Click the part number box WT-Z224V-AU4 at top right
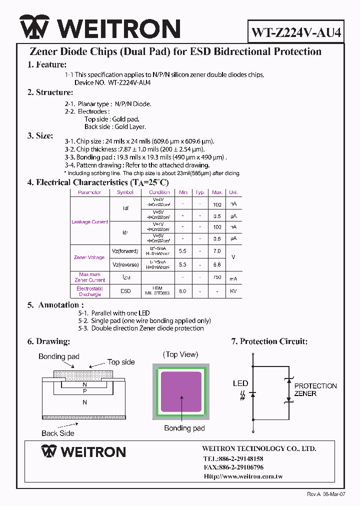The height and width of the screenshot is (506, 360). coord(296,32)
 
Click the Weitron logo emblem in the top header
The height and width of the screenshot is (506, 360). coord(34,27)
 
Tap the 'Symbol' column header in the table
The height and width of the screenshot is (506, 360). coord(125,192)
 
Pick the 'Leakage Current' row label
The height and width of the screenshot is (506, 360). coord(90,222)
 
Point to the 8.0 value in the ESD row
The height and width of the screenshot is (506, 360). coord(183,291)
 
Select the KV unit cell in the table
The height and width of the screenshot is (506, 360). coord(233,291)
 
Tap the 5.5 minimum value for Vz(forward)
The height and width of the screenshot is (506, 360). coord(183,251)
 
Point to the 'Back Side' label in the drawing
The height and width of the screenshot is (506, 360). coord(58,433)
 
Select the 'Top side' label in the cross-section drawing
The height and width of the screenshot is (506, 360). coord(121,362)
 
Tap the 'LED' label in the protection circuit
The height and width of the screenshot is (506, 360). coord(240,383)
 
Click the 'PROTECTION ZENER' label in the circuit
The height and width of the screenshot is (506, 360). coord(315,389)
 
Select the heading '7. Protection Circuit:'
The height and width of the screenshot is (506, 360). coord(269,341)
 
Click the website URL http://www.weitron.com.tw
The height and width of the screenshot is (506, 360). coord(243,476)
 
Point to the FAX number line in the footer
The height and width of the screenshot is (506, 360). coord(233,467)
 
